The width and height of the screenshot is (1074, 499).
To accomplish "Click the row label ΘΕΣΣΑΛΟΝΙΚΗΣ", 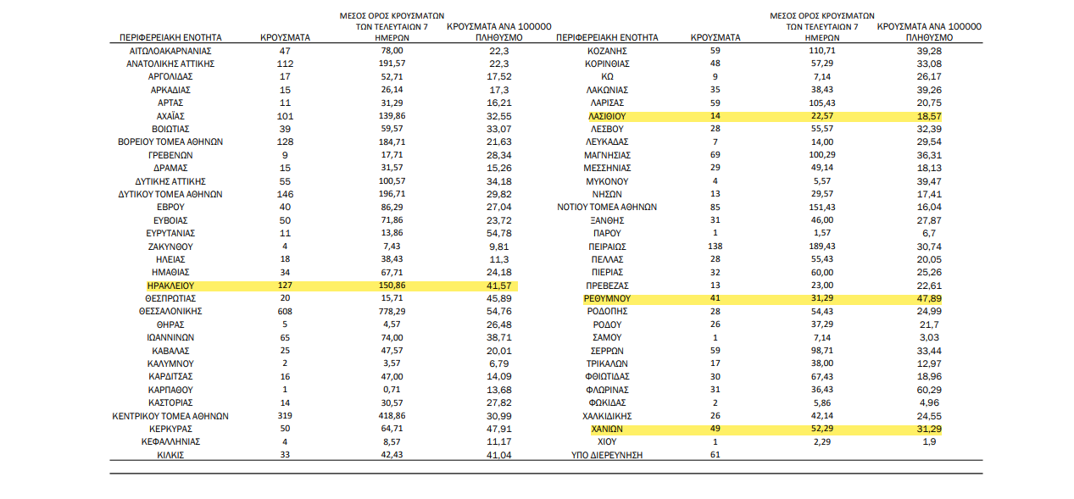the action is click(170, 311).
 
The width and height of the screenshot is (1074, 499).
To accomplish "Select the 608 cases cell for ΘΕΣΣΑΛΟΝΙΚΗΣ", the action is click(285, 311).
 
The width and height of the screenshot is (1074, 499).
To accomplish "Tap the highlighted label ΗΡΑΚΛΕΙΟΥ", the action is click(170, 286).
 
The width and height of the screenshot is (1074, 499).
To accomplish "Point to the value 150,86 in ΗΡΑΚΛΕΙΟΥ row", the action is click(392, 286).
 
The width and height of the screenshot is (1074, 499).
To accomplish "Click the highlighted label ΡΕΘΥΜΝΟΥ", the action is click(607, 298).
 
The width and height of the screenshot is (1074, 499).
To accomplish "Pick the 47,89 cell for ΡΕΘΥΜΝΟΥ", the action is click(929, 298).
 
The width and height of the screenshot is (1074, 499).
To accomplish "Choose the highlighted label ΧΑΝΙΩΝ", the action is click(607, 429).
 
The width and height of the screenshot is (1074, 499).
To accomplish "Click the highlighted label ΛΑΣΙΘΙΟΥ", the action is click(607, 116).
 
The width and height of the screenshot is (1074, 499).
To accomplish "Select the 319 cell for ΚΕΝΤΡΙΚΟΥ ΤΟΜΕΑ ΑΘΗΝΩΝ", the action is click(285, 416).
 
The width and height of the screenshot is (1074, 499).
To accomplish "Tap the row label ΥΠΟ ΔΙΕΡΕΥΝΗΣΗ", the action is click(607, 455).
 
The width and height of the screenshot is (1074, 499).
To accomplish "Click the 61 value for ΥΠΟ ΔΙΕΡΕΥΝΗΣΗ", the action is click(715, 454).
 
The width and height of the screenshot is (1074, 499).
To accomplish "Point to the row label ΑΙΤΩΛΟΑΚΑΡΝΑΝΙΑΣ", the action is click(170, 51).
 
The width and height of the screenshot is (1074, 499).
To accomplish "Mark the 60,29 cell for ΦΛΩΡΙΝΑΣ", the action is click(929, 390).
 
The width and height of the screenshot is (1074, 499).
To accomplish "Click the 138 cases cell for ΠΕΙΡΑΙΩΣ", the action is click(715, 246).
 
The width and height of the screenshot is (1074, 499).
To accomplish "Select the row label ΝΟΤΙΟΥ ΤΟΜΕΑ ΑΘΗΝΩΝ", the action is click(607, 207).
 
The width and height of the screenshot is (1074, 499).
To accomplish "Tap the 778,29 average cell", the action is click(392, 311).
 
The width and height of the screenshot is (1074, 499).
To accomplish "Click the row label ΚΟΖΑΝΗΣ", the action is click(607, 51).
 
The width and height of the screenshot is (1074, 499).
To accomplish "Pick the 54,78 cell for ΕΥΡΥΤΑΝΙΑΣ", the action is click(499, 233).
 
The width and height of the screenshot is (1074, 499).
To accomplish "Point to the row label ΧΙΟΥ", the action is click(607, 441).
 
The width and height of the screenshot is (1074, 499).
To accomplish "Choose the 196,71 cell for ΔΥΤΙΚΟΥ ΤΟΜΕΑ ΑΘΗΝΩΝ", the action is click(392, 194).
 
